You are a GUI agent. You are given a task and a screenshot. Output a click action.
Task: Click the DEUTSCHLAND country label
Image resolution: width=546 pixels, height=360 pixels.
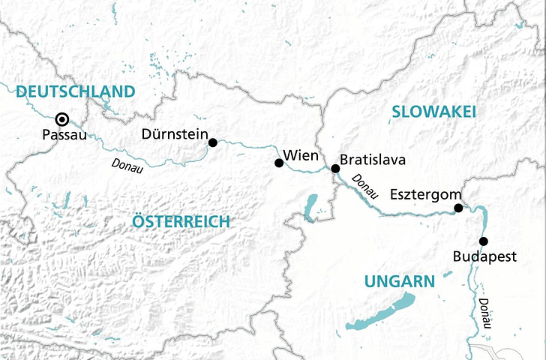pos(75,91)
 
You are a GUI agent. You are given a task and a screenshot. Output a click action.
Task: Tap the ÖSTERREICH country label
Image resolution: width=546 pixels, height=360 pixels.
pos(180,221)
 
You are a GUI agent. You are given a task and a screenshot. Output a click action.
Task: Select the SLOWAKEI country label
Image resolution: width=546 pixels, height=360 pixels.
pos(433,112)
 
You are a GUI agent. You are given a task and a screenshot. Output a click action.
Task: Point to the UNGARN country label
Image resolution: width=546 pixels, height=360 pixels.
pos(399,282)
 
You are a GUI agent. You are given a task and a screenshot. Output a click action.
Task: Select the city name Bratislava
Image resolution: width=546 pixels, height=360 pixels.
pos(373,160)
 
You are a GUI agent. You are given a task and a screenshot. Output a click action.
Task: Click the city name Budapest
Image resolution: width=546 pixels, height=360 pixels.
pos(486,256)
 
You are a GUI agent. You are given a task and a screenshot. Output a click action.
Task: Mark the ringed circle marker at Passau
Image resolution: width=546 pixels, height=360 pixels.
pos(63,118)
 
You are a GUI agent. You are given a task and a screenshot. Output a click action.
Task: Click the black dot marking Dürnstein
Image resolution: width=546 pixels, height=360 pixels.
pos(213,142)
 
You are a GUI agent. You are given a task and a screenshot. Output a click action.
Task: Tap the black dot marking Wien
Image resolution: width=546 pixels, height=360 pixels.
pos(278,163)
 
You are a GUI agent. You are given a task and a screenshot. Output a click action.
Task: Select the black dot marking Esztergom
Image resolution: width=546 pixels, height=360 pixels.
pos(458,208)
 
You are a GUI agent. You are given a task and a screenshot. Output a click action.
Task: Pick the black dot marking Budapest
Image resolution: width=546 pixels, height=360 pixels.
pos(483,241)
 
